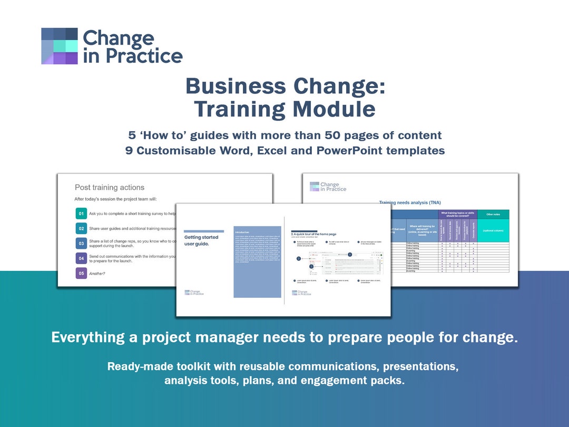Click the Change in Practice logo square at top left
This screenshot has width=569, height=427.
tap(60, 46)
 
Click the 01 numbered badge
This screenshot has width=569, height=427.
tap(81, 214)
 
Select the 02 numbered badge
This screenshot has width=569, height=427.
tap(81, 229)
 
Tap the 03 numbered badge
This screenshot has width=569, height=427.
tap(81, 244)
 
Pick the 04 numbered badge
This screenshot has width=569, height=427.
tap(81, 258)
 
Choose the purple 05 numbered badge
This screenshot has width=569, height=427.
tap(81, 273)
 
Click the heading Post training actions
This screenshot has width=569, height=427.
tap(110, 187)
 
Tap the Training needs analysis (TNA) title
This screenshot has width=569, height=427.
tap(410, 202)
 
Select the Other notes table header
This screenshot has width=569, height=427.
tap(494, 214)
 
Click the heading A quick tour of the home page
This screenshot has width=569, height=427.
tap(315, 234)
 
